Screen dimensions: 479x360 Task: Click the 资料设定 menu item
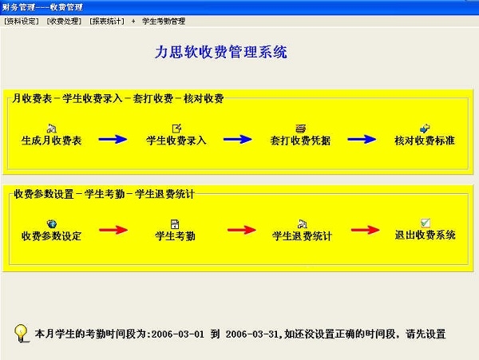21,21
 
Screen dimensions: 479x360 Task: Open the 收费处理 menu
64,21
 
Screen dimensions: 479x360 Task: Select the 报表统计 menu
107,21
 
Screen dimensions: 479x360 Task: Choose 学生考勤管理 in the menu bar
164,21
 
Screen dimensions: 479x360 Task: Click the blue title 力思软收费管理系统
221,52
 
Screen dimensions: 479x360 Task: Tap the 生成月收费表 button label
52,140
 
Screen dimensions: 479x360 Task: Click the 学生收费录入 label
176,140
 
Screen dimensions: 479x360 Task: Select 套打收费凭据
300,140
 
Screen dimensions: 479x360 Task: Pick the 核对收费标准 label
425,140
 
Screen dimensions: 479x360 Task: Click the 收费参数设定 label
51,235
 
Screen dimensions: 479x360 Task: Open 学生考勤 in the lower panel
175,235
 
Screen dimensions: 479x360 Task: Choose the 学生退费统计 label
302,235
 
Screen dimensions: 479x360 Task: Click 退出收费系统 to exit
426,235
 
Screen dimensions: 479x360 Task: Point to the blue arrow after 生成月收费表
113,139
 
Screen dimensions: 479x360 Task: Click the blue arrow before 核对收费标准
362,139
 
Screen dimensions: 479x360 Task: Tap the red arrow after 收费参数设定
113,230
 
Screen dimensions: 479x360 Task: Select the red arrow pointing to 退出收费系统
366,230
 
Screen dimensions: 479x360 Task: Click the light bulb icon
21,333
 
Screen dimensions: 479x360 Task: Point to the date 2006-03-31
252,334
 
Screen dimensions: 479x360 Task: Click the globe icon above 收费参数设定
52,224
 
